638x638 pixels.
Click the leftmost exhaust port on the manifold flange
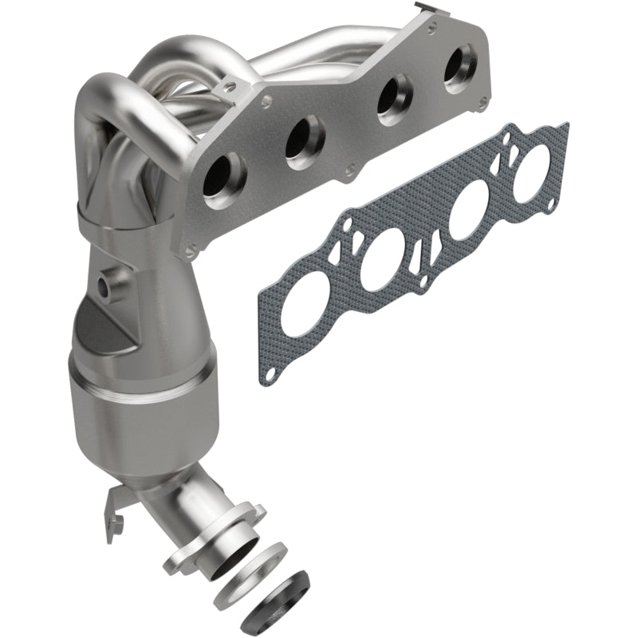point(222,178)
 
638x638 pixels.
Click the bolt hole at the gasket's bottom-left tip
point(272,374)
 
